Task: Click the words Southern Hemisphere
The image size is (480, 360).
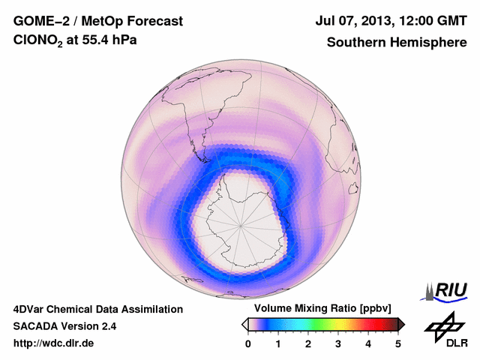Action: tap(397, 43)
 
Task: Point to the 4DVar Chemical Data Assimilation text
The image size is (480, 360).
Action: tap(97, 309)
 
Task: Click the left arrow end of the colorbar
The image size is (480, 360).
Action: tap(244, 324)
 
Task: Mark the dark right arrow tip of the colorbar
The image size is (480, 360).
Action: tap(402, 324)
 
